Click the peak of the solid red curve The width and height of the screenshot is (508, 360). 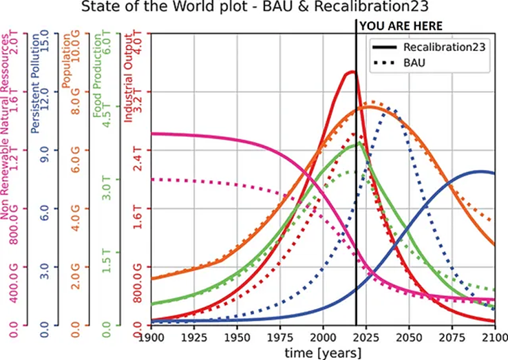pos(352,71)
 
